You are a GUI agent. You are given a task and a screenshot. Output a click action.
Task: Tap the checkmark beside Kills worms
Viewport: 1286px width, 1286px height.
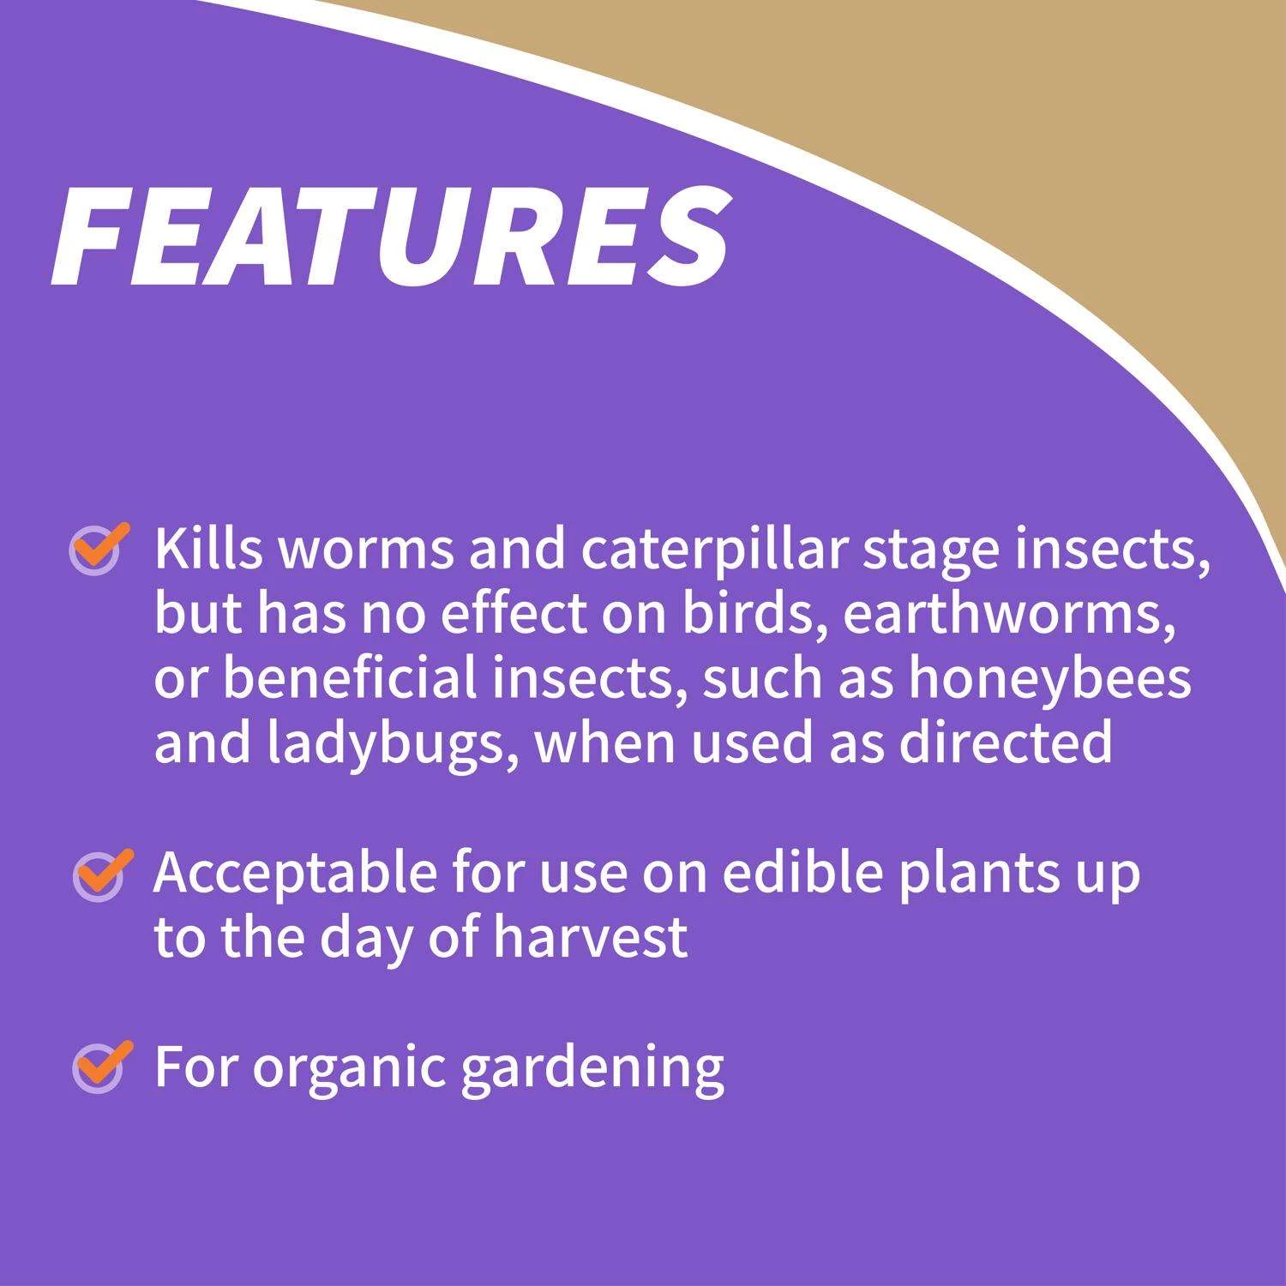pos(97,549)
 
